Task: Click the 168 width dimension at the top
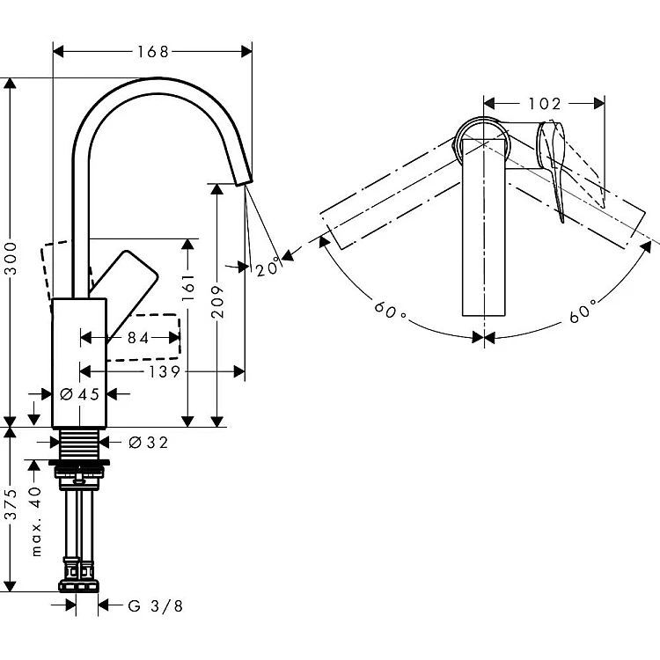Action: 152,52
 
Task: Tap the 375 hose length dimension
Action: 11,509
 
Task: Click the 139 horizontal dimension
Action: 164,372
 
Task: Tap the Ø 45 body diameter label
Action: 82,394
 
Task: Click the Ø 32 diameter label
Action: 148,443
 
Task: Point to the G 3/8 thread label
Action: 155,605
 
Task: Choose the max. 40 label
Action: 36,520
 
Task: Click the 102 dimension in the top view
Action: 545,104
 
